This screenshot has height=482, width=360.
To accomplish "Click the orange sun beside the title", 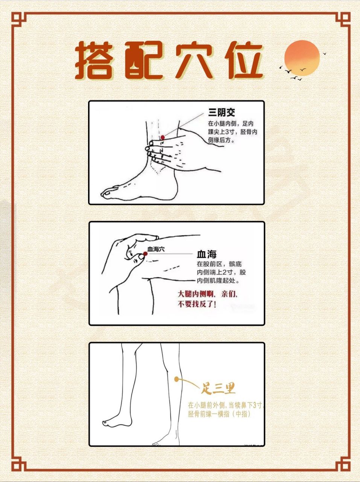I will click(302, 57).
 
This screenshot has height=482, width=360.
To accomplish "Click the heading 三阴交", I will click(222, 112).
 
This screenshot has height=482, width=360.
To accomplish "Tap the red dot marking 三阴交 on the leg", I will click(163, 138).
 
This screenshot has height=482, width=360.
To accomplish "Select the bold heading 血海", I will click(207, 254).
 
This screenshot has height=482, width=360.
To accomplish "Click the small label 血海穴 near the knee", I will click(156, 249).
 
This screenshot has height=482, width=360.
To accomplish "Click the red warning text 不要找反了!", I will click(197, 304).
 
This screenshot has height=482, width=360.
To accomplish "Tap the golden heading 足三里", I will click(219, 387).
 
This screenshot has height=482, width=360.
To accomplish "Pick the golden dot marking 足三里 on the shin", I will click(176, 380).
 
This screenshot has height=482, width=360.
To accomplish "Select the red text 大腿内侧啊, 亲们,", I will click(208, 294).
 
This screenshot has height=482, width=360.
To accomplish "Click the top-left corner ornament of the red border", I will click(18, 19).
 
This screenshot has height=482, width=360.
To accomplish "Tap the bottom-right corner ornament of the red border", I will click(343, 464).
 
